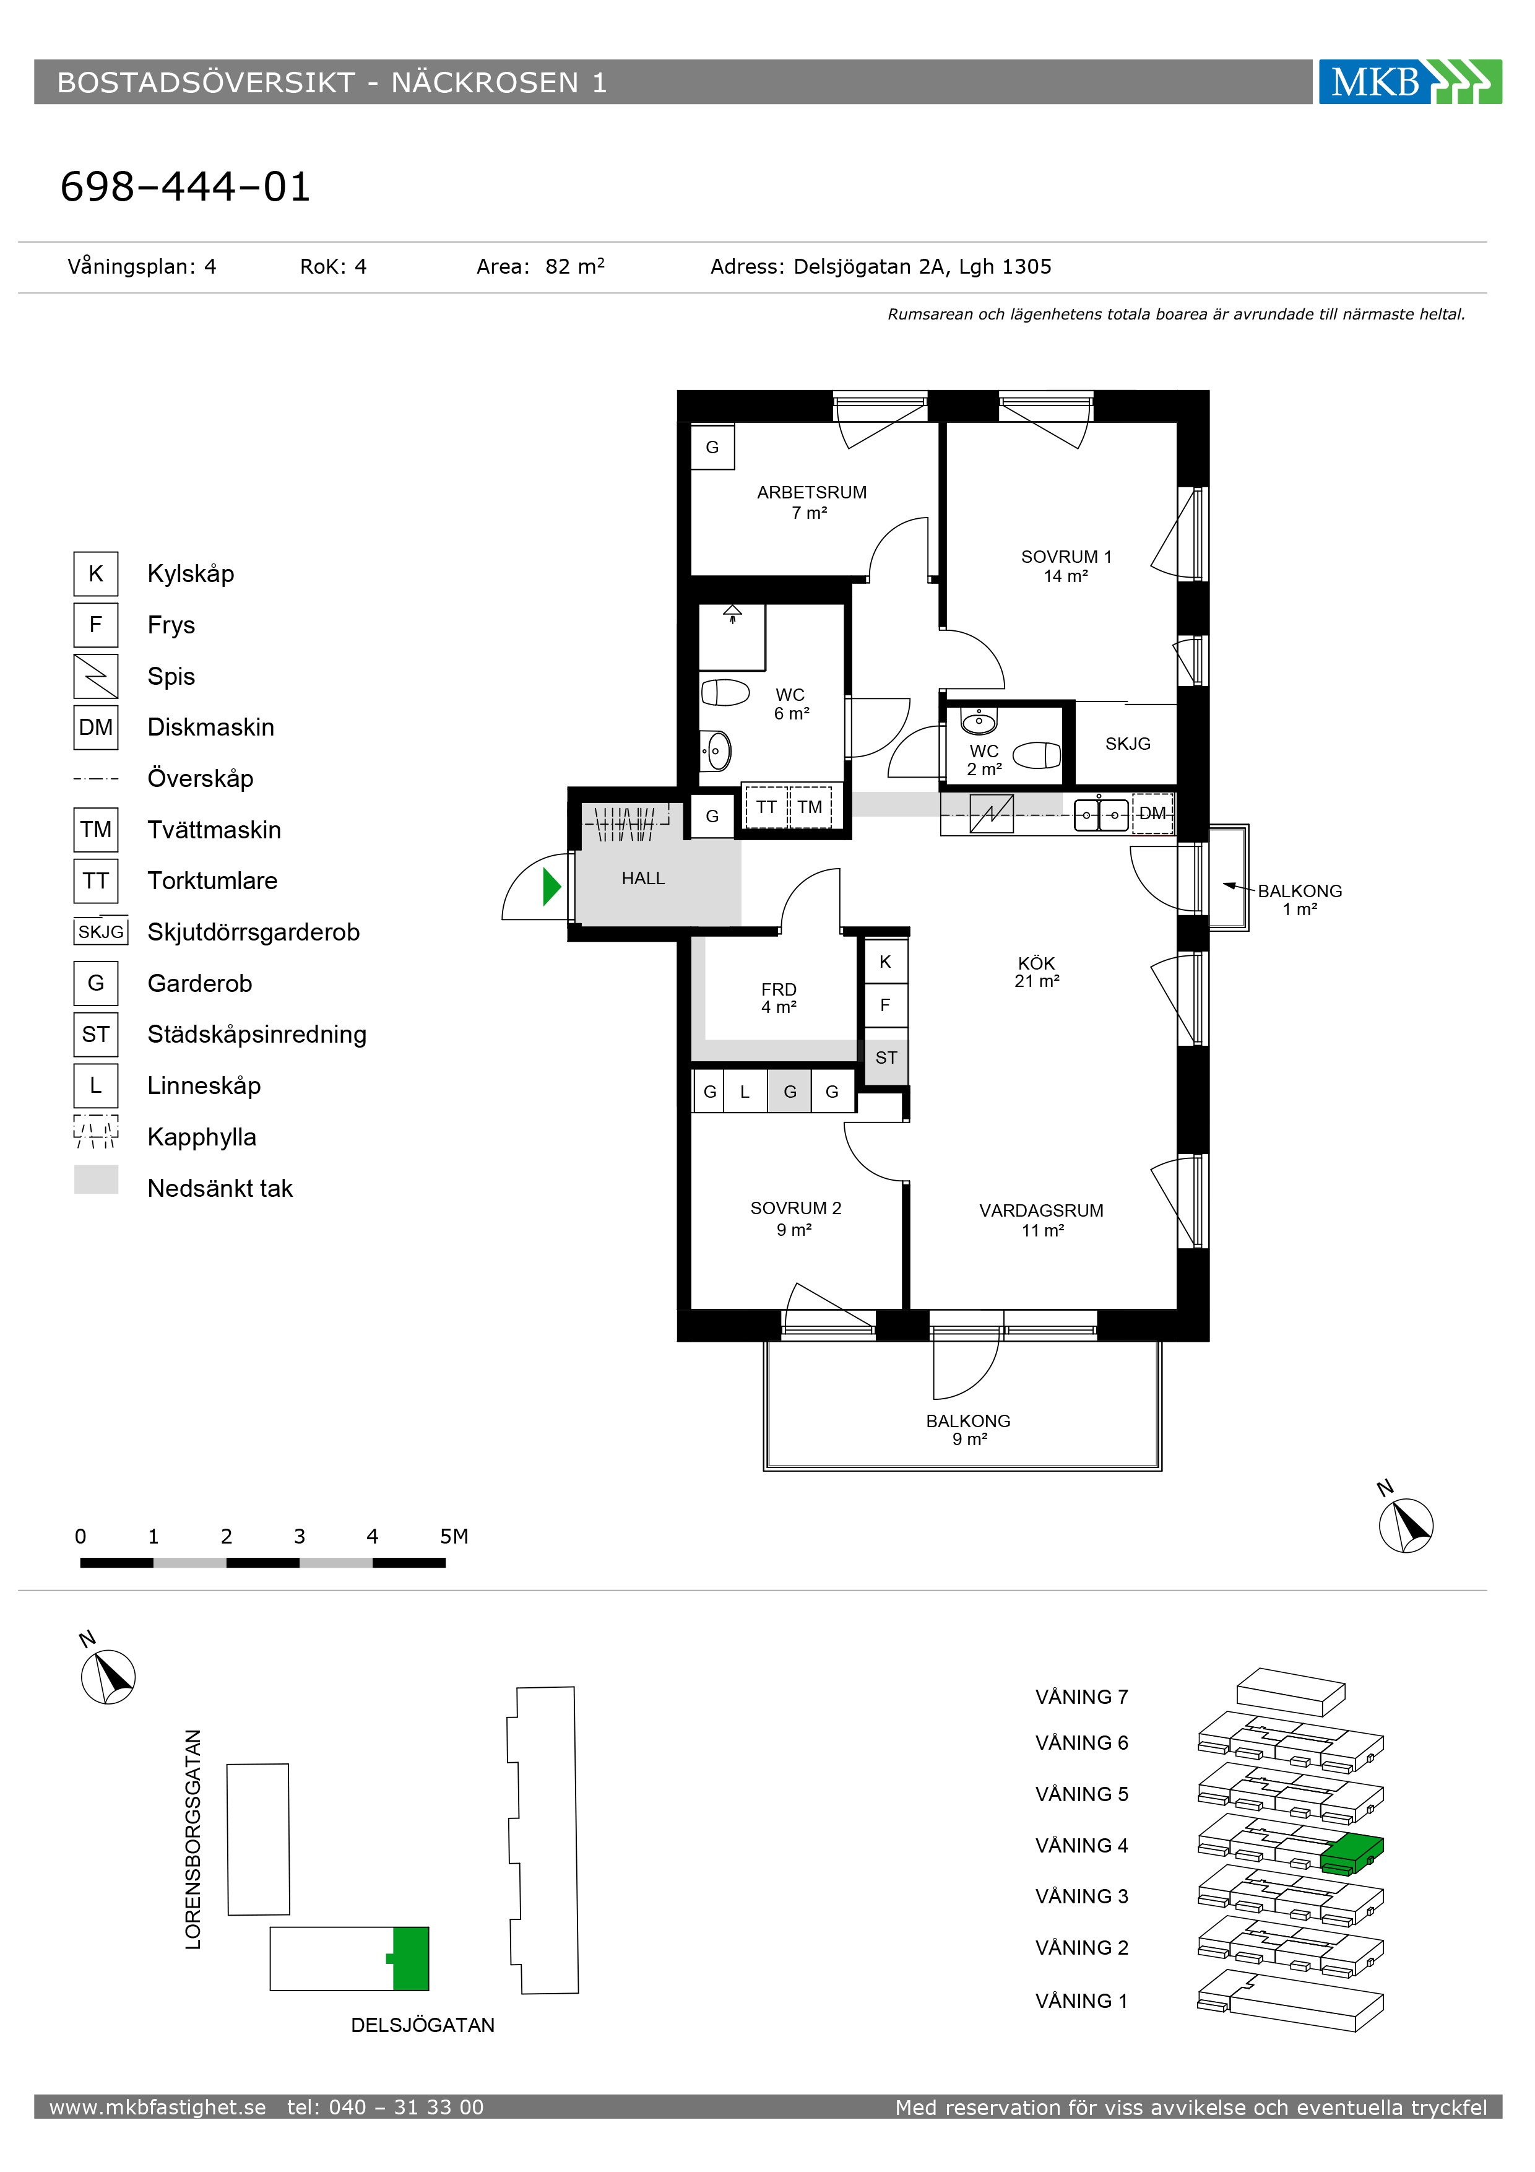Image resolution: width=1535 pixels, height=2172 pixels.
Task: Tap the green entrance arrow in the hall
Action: coord(552,887)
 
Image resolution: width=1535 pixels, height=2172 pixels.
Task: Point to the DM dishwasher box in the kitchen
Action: coord(1152,814)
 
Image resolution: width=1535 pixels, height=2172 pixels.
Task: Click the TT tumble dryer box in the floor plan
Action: coord(766,807)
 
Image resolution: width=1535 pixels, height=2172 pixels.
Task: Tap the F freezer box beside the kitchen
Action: coord(885,1006)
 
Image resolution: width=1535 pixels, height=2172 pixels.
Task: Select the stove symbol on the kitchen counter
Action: coord(991,814)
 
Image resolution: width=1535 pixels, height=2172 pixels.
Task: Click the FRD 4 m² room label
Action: coord(779,998)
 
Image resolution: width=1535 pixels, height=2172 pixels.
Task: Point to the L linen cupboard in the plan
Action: coord(745,1092)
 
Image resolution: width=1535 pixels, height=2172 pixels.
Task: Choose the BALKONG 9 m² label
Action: coord(969,1430)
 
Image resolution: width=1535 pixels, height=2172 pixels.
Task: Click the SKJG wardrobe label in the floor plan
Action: coord(1127,744)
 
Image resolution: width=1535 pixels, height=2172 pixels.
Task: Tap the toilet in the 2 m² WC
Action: coord(1037,755)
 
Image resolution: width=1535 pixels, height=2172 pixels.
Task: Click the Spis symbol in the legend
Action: coord(95,676)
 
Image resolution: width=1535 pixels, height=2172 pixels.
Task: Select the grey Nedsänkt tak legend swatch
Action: coord(95,1179)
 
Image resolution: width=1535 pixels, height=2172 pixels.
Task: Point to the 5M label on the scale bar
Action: coord(454,1536)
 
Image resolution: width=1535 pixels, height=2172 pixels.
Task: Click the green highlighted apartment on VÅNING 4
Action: coord(1352,1854)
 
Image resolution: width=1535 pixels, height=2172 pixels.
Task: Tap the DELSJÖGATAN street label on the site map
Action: coord(423,2025)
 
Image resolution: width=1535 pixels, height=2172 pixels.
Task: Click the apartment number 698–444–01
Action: coord(185,188)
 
